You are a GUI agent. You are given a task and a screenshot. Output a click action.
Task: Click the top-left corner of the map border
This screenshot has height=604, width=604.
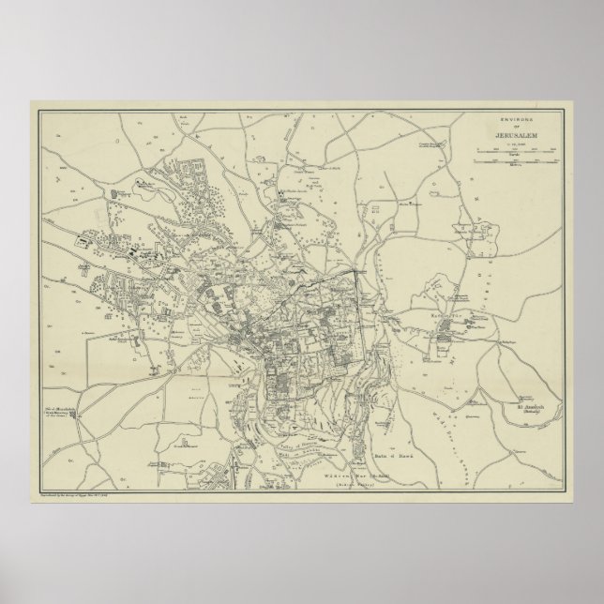[39, 112]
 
